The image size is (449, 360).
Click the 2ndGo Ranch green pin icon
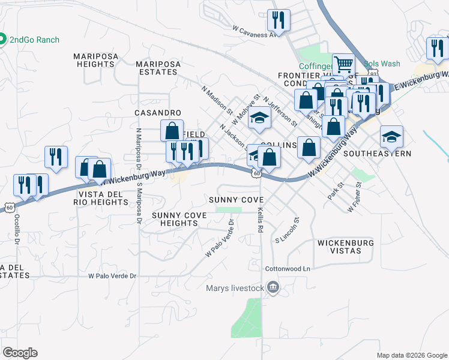(x=2, y=40)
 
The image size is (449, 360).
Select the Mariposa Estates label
(x=157, y=67)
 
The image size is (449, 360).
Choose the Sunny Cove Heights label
(x=179, y=219)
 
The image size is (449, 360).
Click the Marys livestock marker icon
(x=274, y=288)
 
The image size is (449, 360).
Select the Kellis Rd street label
(x=261, y=220)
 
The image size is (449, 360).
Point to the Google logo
(x=20, y=353)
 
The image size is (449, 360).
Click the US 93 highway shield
(x=373, y=73)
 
